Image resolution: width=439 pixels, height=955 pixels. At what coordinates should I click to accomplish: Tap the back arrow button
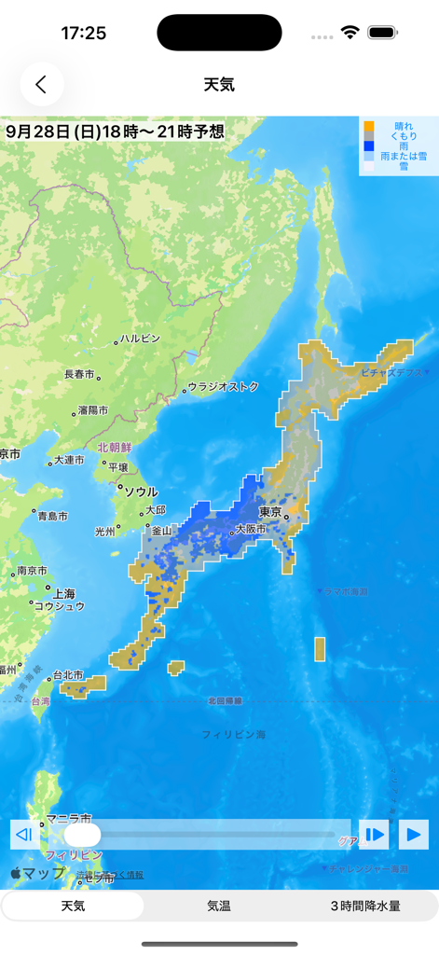click(41, 84)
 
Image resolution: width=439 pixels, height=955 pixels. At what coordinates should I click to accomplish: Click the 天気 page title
click(219, 84)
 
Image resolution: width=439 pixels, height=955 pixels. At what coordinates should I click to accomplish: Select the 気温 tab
click(219, 906)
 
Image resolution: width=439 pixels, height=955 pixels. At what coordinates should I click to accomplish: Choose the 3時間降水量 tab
click(365, 906)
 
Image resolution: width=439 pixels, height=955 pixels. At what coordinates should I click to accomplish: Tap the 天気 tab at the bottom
click(73, 906)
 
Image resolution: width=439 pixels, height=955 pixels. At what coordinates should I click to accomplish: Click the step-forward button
click(375, 834)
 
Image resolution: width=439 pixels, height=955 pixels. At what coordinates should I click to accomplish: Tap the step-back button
click(25, 834)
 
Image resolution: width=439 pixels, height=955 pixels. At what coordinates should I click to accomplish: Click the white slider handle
click(82, 835)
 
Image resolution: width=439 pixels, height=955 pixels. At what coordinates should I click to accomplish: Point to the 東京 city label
click(270, 512)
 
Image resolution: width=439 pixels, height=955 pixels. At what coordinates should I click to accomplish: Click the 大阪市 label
click(250, 529)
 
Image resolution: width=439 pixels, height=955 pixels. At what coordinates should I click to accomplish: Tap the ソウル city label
click(141, 491)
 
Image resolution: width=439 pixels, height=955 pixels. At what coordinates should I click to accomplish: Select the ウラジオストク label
click(224, 386)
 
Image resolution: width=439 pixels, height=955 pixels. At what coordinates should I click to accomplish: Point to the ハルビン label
click(141, 339)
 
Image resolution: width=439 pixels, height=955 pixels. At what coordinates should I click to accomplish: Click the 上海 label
click(64, 593)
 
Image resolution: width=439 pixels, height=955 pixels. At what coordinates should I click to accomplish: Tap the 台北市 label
click(67, 674)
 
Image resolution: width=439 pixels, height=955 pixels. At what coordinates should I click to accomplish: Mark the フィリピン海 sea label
click(234, 735)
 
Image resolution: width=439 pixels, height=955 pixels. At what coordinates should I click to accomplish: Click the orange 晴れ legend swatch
click(369, 126)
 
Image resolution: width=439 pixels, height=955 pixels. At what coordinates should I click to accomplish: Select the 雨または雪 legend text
click(404, 156)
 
